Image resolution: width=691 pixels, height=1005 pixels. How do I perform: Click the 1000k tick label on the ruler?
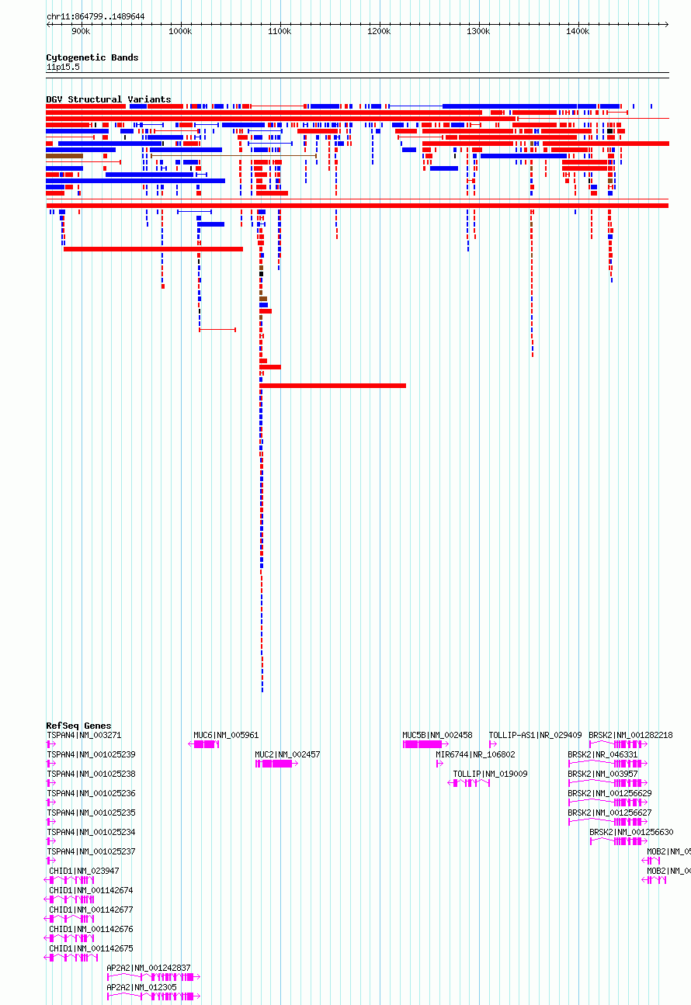click(x=180, y=31)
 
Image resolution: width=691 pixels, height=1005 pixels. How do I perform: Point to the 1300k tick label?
click(x=478, y=31)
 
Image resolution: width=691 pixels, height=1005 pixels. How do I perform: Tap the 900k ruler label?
click(x=81, y=31)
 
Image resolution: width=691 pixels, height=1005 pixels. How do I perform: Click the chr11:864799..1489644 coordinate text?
click(x=95, y=16)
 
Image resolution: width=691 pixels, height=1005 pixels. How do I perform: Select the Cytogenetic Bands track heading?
click(x=92, y=57)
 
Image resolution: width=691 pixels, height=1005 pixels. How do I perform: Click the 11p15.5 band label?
click(x=63, y=68)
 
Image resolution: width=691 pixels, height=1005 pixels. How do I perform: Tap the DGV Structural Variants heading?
click(x=109, y=99)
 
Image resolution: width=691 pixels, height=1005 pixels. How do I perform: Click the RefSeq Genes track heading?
click(x=78, y=726)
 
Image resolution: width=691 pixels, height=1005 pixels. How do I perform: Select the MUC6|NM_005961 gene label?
click(x=226, y=735)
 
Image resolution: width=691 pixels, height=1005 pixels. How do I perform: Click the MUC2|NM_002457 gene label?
click(x=287, y=754)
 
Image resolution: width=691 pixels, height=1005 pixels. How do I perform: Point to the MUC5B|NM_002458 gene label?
click(x=437, y=735)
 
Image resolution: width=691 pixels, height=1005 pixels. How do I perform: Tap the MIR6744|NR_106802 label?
click(x=475, y=754)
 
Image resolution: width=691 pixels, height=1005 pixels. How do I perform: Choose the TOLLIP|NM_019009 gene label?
click(x=491, y=774)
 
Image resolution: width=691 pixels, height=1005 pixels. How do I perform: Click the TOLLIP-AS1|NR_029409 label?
click(x=535, y=735)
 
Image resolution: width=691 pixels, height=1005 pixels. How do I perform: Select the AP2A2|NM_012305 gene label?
click(x=141, y=987)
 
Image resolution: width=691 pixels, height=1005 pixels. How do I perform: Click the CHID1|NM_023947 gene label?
click(x=84, y=871)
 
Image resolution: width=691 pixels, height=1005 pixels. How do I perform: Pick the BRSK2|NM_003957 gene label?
click(x=602, y=774)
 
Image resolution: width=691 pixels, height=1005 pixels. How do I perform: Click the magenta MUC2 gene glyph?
click(x=276, y=764)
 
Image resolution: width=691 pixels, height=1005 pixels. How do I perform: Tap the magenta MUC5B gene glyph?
click(x=425, y=744)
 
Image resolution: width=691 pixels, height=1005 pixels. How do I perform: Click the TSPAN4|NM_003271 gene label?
click(x=84, y=735)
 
